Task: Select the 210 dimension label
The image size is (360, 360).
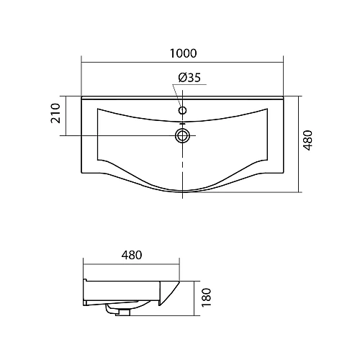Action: (x=55, y=115)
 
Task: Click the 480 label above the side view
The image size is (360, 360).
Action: (x=131, y=254)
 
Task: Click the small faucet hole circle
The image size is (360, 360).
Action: (x=183, y=111)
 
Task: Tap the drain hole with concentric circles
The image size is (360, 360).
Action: (x=183, y=135)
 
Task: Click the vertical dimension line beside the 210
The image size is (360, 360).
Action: (x=67, y=115)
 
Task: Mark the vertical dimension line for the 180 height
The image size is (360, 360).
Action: (x=197, y=295)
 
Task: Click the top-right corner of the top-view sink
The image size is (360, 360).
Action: (x=285, y=96)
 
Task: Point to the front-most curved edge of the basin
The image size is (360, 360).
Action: (x=183, y=190)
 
